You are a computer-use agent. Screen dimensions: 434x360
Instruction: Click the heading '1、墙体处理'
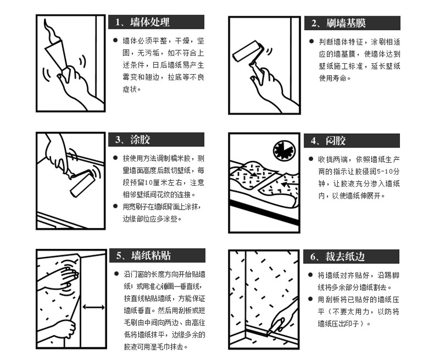click(142, 22)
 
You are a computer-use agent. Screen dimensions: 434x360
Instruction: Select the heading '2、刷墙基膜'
click(339, 23)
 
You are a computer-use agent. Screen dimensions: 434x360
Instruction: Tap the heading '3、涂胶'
click(133, 139)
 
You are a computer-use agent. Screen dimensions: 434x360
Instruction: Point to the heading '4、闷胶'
click(328, 141)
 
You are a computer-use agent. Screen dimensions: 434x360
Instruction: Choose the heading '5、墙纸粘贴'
click(144, 256)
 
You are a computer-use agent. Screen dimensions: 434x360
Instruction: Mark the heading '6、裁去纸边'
click(337, 257)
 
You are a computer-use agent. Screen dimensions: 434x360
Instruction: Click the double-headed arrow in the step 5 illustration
click(94, 307)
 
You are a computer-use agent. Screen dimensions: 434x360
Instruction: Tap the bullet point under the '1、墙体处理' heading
click(115, 41)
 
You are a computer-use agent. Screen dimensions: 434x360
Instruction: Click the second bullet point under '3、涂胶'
click(115, 206)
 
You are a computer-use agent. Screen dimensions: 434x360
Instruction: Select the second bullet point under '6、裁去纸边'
click(311, 299)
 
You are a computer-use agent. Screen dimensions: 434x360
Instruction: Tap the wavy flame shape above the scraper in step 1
click(52, 30)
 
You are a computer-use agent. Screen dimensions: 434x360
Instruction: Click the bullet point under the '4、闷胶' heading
click(311, 159)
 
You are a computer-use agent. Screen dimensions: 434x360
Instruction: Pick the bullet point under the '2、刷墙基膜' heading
click(311, 42)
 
